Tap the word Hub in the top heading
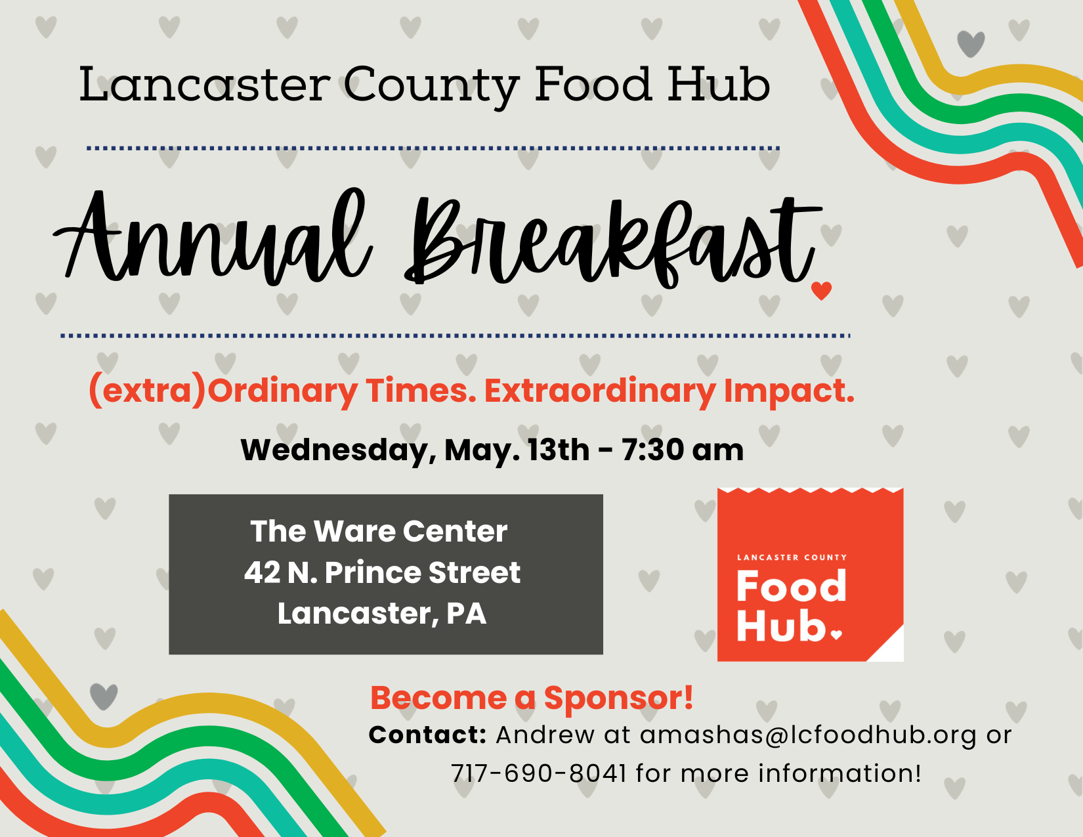[x=719, y=85]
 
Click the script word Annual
[x=213, y=240]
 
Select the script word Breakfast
[x=610, y=243]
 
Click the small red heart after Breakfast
[x=821, y=290]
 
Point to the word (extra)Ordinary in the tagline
[x=223, y=391]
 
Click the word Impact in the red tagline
[x=788, y=391]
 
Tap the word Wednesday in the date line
[x=335, y=451]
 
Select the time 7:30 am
[x=683, y=450]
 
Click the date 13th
[x=559, y=450]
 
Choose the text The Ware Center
[x=379, y=532]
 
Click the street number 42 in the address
[x=262, y=572]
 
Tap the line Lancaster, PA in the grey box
[x=381, y=614]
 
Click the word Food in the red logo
[x=791, y=586]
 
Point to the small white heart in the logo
[x=836, y=634]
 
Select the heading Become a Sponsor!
[x=532, y=698]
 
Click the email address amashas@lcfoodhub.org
[x=808, y=735]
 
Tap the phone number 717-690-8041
[x=538, y=773]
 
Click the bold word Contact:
[x=427, y=735]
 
